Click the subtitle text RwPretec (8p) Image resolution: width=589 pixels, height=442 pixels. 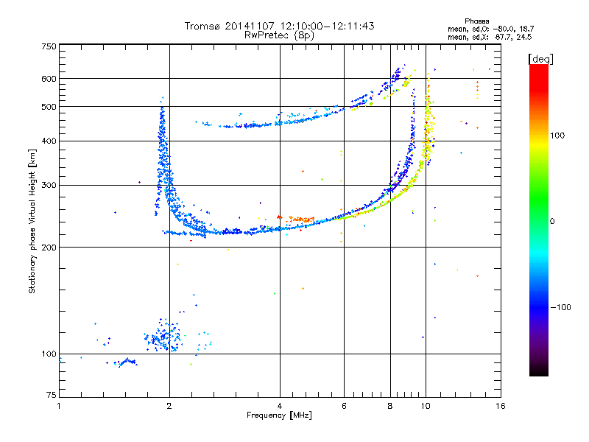(x=279, y=35)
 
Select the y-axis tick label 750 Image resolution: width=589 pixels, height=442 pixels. (x=49, y=46)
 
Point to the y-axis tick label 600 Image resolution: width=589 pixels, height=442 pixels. (x=49, y=79)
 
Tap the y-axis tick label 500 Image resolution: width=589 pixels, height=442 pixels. (x=49, y=107)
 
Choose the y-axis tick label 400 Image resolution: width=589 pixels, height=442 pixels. (x=49, y=141)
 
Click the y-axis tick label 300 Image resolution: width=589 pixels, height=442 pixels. (x=49, y=186)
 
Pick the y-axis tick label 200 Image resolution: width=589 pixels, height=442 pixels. (x=49, y=248)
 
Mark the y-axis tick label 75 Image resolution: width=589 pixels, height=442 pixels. (x=52, y=395)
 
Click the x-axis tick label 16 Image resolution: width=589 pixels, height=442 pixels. (x=501, y=406)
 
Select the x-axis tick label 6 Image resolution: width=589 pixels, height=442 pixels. (x=344, y=406)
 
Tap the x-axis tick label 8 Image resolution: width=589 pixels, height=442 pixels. (x=390, y=406)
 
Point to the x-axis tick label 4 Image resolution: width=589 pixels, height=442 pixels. (x=280, y=406)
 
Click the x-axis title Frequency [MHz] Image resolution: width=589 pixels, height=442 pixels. (x=279, y=415)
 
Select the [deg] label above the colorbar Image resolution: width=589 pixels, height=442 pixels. (x=540, y=59)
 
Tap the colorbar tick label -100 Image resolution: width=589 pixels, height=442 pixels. (x=561, y=307)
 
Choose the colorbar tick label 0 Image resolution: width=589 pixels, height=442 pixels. (x=552, y=222)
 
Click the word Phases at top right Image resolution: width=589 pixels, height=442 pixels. (x=477, y=21)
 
